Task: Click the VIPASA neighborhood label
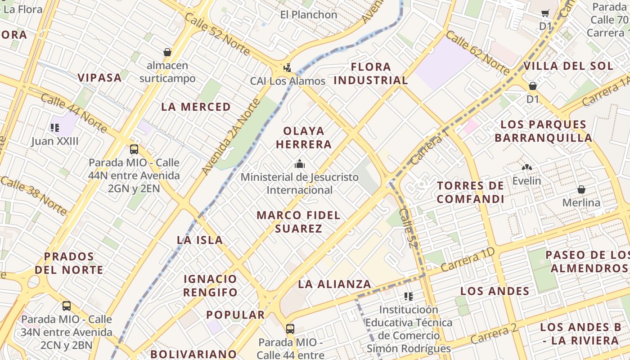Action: (99, 77)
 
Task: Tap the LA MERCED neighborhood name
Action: (196, 107)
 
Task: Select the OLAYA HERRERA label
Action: (304, 138)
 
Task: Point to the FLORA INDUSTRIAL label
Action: (371, 74)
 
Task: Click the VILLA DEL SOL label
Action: (568, 66)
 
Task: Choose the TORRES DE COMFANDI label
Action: (470, 192)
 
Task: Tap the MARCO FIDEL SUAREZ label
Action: (298, 222)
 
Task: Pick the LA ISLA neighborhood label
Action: (200, 240)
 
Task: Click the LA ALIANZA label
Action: (334, 284)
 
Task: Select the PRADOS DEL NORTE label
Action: (69, 263)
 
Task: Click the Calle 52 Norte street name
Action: (217, 34)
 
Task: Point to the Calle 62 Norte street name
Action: (478, 53)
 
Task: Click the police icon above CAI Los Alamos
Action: (287, 68)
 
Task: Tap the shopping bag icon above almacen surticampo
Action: (167, 52)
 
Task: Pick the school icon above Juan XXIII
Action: (55, 128)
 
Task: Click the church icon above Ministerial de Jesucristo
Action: (299, 164)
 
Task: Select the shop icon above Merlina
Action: (581, 189)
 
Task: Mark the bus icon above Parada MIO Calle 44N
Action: (134, 149)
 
